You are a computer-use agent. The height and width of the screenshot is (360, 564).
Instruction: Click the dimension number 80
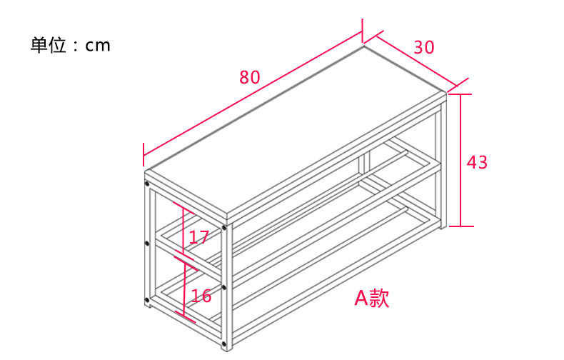click(x=250, y=77)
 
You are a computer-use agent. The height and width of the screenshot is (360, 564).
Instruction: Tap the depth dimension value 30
click(x=424, y=47)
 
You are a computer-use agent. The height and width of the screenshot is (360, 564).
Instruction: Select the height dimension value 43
click(x=477, y=162)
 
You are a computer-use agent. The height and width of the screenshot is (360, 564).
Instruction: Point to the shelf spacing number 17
click(x=199, y=237)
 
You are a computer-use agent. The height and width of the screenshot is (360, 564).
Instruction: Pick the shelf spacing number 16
click(x=201, y=296)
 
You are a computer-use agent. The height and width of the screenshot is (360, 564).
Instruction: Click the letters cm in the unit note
click(x=98, y=46)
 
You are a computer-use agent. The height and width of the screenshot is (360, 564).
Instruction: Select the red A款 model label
click(x=371, y=298)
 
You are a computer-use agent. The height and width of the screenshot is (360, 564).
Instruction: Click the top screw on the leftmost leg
click(x=147, y=184)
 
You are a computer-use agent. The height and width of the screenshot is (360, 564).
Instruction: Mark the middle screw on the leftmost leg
click(x=147, y=244)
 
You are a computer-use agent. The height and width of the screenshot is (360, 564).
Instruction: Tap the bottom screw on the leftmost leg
click(x=147, y=300)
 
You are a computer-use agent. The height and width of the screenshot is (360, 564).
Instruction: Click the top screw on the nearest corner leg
click(x=224, y=228)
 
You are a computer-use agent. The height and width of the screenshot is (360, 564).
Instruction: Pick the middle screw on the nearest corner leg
click(x=224, y=287)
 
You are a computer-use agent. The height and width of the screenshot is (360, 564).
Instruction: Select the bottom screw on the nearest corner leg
click(x=224, y=343)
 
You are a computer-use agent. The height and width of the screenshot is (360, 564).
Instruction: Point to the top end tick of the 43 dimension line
click(x=460, y=94)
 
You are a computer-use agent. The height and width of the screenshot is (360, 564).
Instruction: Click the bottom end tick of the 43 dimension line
click(x=461, y=226)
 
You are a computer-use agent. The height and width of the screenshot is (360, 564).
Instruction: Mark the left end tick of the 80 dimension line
click(x=143, y=154)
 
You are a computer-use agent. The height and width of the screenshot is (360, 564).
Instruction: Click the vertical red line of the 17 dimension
click(x=183, y=231)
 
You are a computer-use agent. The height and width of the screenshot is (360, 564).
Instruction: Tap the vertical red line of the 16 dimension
click(x=184, y=289)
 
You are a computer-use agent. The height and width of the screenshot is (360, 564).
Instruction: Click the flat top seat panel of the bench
click(x=296, y=131)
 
